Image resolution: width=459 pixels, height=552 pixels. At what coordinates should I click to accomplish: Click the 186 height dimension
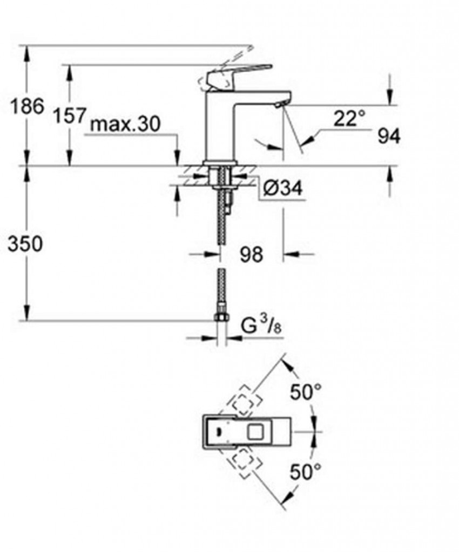point(28,106)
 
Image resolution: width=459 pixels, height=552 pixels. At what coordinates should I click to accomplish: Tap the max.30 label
point(125,125)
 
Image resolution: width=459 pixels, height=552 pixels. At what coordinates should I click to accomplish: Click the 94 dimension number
point(389,137)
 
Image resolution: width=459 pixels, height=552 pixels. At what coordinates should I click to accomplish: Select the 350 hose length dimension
point(25,244)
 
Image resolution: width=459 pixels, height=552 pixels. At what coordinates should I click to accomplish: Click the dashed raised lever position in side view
point(227,65)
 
